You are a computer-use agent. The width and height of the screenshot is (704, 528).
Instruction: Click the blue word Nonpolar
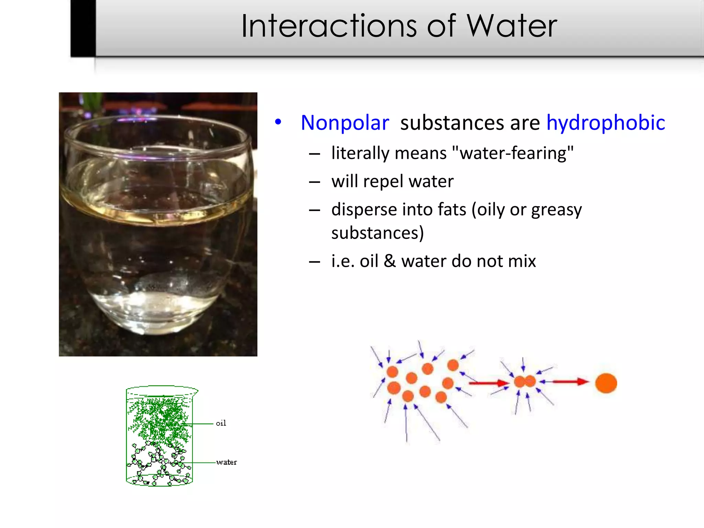click(x=345, y=123)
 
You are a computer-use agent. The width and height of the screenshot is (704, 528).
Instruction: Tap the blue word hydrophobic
click(x=606, y=123)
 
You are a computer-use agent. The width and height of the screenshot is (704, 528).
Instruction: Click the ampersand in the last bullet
click(x=389, y=261)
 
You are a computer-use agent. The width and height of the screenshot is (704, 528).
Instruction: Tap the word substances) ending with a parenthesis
click(x=377, y=233)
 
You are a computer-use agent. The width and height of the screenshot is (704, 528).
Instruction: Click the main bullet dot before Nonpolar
click(x=278, y=122)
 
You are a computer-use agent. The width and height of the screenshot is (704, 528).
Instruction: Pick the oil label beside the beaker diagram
click(x=221, y=423)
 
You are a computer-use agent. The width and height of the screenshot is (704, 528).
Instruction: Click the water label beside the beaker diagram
click(x=227, y=462)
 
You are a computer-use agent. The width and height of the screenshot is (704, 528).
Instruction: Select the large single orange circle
click(x=606, y=383)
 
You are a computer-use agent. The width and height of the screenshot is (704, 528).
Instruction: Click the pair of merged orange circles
click(x=525, y=381)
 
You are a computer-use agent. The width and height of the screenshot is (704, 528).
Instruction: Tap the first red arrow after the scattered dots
click(x=488, y=383)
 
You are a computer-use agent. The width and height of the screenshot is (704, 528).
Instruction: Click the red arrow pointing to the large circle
click(x=570, y=382)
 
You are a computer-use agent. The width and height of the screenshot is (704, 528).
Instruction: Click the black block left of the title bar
click(x=83, y=27)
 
